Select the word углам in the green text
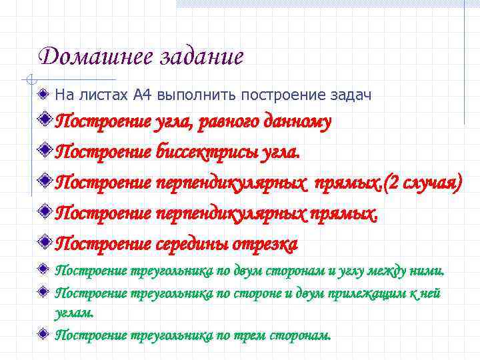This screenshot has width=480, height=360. [x=73, y=312]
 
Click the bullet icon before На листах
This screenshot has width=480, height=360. [x=43, y=95]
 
